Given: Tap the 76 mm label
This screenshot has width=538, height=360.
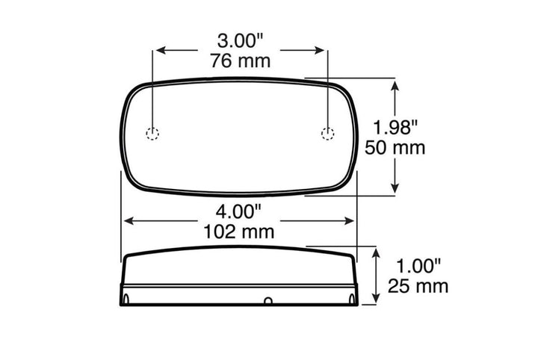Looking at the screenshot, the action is point(240,61).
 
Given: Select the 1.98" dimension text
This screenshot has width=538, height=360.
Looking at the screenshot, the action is point(395,127).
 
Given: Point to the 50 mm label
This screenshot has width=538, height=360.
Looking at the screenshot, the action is point(395,148).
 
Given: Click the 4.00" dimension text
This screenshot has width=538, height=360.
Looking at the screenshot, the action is point(239,211).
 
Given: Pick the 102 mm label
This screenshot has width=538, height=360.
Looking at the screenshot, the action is point(239,232).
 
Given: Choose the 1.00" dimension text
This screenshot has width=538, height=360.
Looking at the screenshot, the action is point(418,266).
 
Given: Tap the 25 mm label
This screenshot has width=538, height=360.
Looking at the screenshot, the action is point(418,286).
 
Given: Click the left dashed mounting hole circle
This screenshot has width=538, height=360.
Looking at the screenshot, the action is point(152,134).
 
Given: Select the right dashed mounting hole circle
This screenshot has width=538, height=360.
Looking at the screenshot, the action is point(328,134).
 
